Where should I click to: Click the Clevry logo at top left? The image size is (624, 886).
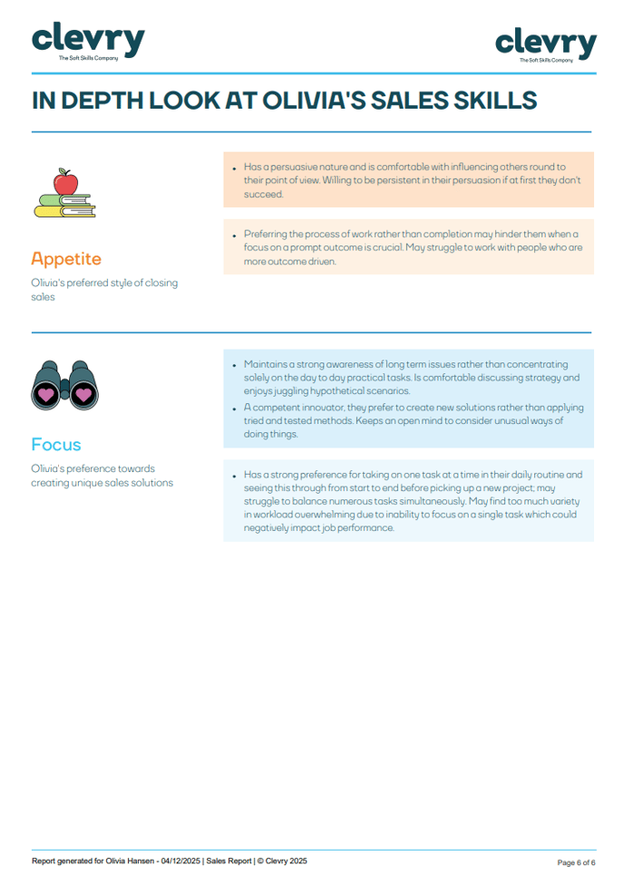[x=88, y=41]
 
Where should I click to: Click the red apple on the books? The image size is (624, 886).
[x=65, y=184]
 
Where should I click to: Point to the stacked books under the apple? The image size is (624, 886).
[x=64, y=207]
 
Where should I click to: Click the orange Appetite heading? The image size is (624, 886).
[x=66, y=259]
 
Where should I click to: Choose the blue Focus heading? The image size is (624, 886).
[x=56, y=444]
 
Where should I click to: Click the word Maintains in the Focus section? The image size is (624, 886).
[x=266, y=363]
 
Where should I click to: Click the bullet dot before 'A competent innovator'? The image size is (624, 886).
[x=234, y=409]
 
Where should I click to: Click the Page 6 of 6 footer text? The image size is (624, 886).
[x=576, y=862]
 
